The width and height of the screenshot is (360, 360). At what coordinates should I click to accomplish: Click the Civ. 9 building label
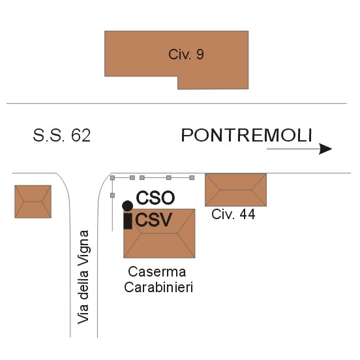point(186,55)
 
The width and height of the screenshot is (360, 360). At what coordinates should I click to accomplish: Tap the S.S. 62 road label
point(62,136)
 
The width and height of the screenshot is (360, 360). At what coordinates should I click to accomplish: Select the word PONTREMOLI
point(247,135)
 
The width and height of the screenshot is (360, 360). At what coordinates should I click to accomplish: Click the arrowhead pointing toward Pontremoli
point(325,149)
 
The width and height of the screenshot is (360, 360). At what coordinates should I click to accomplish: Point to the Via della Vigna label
point(83,277)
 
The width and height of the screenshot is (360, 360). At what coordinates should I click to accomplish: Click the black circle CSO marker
point(127,205)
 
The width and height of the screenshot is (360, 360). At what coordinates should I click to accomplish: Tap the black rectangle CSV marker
point(128,221)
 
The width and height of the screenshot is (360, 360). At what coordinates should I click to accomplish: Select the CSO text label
point(155,198)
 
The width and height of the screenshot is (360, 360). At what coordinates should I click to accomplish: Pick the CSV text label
point(154,220)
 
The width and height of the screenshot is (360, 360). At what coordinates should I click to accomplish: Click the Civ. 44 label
point(233,215)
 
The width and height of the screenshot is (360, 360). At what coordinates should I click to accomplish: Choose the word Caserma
point(157,272)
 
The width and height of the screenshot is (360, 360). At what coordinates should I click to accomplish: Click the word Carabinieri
point(158,287)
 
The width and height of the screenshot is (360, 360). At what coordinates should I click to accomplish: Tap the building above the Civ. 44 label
point(236,190)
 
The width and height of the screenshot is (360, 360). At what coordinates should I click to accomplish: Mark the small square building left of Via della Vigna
point(33,202)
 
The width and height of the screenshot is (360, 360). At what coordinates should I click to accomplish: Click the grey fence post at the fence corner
point(112,178)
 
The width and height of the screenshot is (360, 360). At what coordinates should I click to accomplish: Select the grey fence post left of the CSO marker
point(112,196)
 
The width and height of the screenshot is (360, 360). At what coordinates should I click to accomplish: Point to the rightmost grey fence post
point(192,177)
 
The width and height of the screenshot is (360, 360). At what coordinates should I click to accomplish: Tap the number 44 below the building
point(247,215)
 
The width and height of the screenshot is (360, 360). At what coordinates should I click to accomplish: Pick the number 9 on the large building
point(200,55)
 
